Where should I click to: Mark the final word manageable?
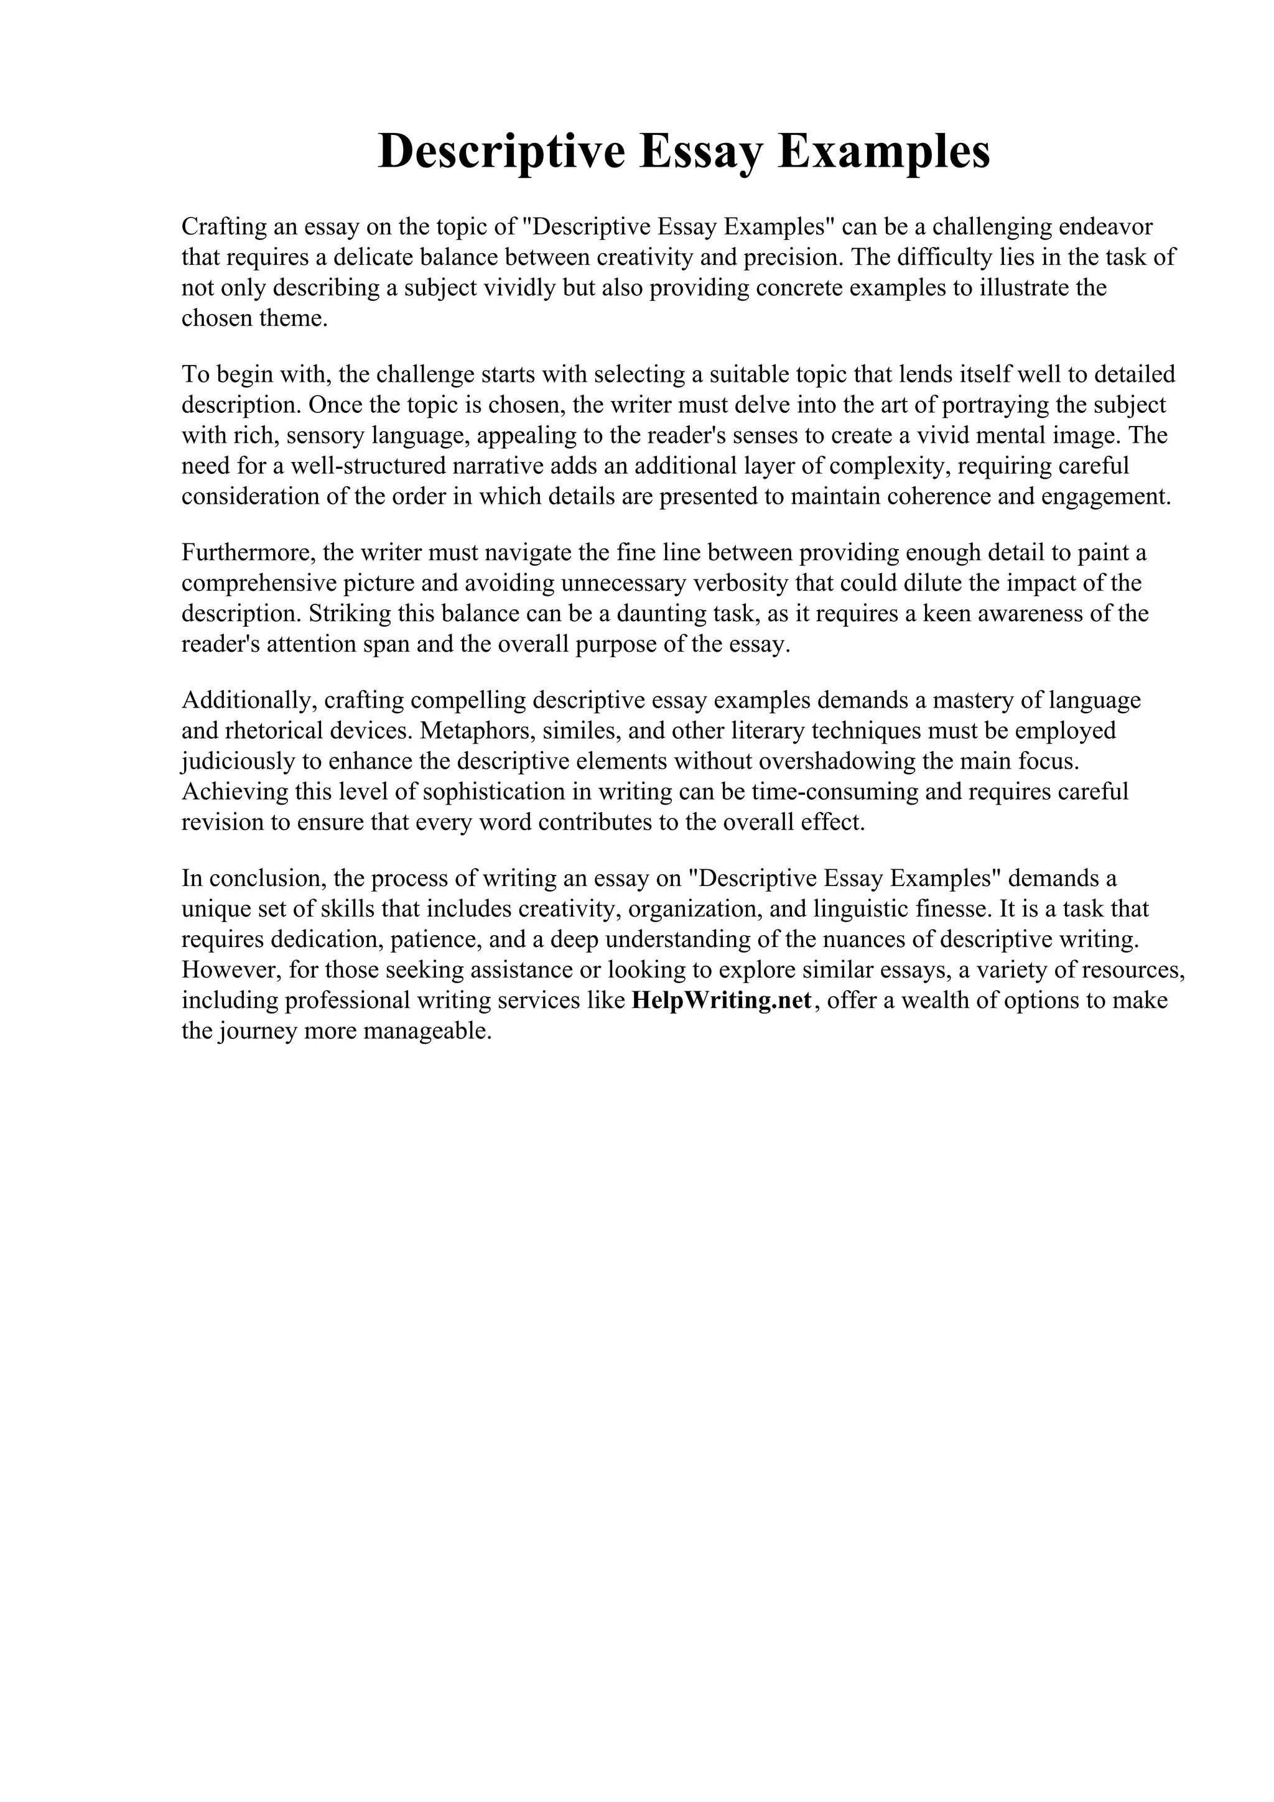tap(427, 1032)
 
